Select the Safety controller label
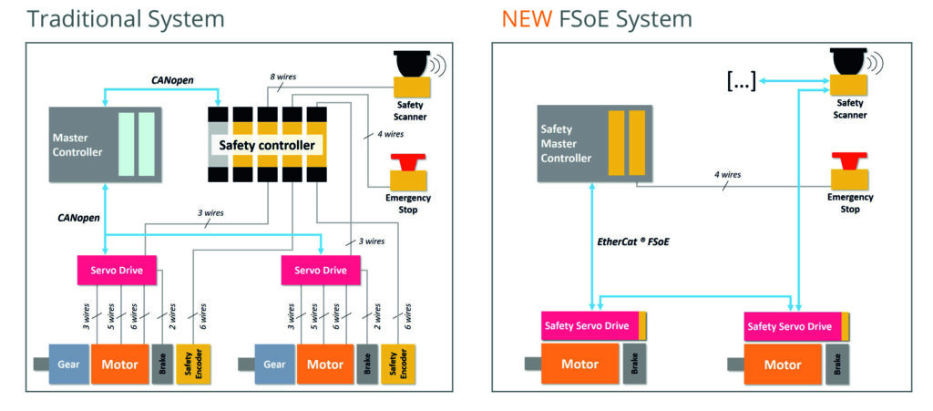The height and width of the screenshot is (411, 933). (x=265, y=144)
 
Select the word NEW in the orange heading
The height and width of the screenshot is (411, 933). (x=527, y=18)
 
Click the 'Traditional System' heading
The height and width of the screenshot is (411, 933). (x=125, y=18)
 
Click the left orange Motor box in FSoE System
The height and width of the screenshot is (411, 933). (x=580, y=364)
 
